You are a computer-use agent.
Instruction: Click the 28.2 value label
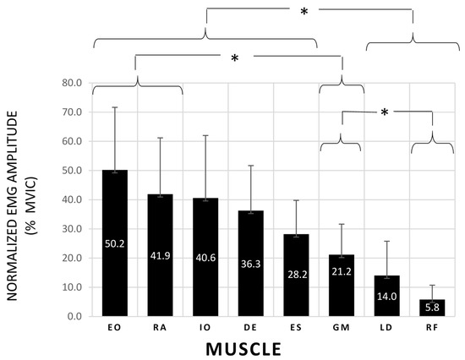[296, 274]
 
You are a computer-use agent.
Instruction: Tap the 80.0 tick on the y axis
[71, 83]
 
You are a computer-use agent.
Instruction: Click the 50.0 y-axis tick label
[71, 170]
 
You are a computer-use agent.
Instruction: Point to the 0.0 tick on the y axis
[74, 316]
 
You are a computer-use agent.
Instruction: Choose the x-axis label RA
[160, 328]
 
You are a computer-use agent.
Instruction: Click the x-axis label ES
[296, 328]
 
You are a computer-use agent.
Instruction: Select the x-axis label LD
[387, 328]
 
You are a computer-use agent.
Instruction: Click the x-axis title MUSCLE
[273, 347]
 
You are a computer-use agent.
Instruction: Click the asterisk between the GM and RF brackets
[384, 113]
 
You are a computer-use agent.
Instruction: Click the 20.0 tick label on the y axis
[71, 258]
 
